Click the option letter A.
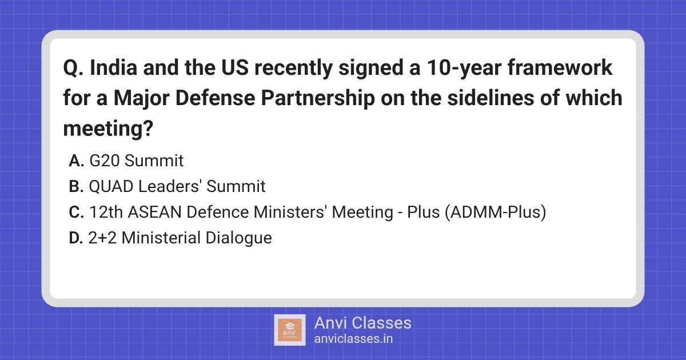coord(77,161)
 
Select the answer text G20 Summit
coord(137,161)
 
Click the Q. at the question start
coord(73,69)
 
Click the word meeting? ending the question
coord(108,128)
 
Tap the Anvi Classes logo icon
coord(290,330)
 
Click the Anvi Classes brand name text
coord(362,323)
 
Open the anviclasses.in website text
coord(353,338)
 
